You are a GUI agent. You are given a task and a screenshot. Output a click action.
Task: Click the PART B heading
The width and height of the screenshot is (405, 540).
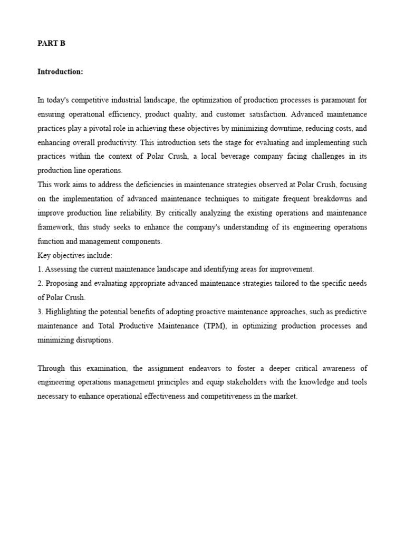coord(51,44)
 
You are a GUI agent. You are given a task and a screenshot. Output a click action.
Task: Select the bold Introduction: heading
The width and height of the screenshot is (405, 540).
coord(60,72)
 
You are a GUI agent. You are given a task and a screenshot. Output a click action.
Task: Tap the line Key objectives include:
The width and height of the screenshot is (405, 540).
coord(75,256)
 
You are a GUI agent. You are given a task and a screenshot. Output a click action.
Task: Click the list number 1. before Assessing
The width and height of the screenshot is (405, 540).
coord(40,269)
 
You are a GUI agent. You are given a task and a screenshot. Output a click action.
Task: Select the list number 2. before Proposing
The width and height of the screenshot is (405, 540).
coord(40,284)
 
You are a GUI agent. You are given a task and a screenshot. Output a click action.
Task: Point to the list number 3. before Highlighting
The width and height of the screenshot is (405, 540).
coord(40,312)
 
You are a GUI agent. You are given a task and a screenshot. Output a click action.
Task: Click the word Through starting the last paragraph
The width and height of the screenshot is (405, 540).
coord(53,369)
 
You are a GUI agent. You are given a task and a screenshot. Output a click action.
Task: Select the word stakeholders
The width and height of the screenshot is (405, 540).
coord(167,383)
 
